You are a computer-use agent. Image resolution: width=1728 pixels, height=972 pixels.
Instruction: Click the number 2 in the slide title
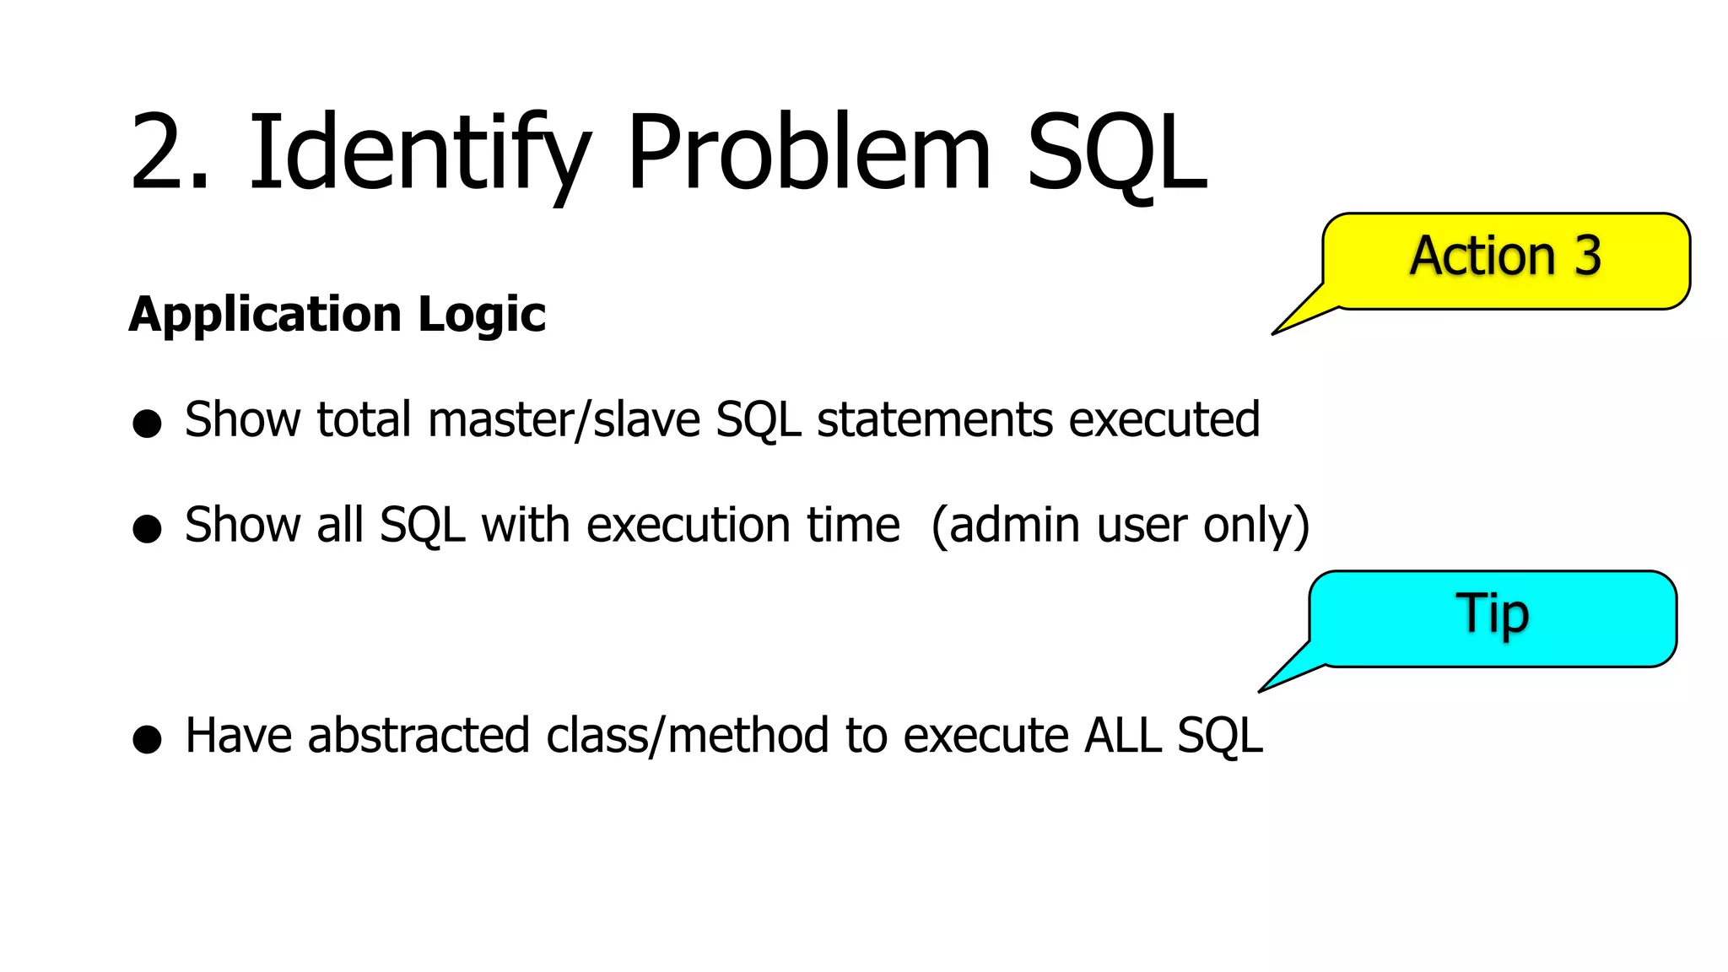(x=160, y=154)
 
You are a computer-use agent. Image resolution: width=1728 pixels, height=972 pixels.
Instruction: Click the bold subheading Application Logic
(x=337, y=315)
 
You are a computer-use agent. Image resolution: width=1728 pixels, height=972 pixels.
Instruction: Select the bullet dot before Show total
(x=147, y=423)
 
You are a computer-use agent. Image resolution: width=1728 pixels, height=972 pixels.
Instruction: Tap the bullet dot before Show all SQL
(x=147, y=528)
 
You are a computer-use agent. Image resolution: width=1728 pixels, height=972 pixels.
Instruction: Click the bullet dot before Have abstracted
(x=147, y=738)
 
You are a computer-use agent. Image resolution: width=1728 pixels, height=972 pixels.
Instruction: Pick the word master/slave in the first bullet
(x=564, y=420)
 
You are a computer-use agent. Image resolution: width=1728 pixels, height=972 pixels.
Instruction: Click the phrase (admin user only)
(x=1120, y=526)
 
